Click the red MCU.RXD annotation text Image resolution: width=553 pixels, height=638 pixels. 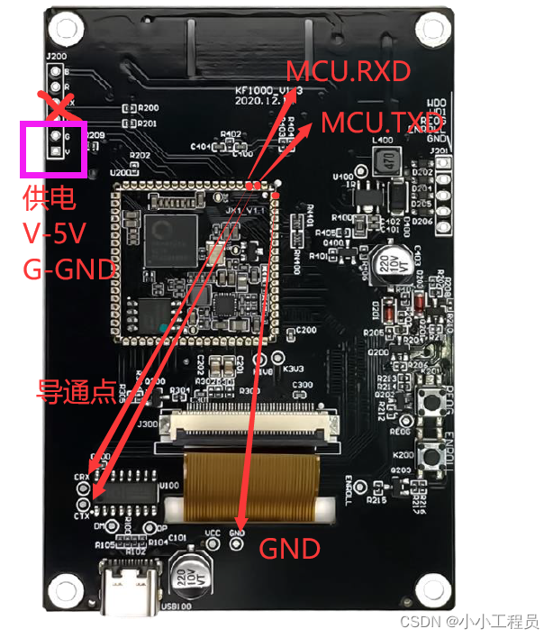click(x=348, y=72)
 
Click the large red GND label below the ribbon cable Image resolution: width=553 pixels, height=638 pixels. click(x=289, y=549)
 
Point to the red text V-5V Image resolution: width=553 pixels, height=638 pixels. click(x=55, y=233)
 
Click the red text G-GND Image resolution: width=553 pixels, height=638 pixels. click(x=69, y=269)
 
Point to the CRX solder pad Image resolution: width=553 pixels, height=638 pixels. click(x=84, y=488)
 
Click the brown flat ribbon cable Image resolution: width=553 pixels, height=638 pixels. click(x=251, y=483)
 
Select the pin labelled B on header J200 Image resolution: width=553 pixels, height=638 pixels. click(x=54, y=72)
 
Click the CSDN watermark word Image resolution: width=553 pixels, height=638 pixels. click(x=420, y=622)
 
